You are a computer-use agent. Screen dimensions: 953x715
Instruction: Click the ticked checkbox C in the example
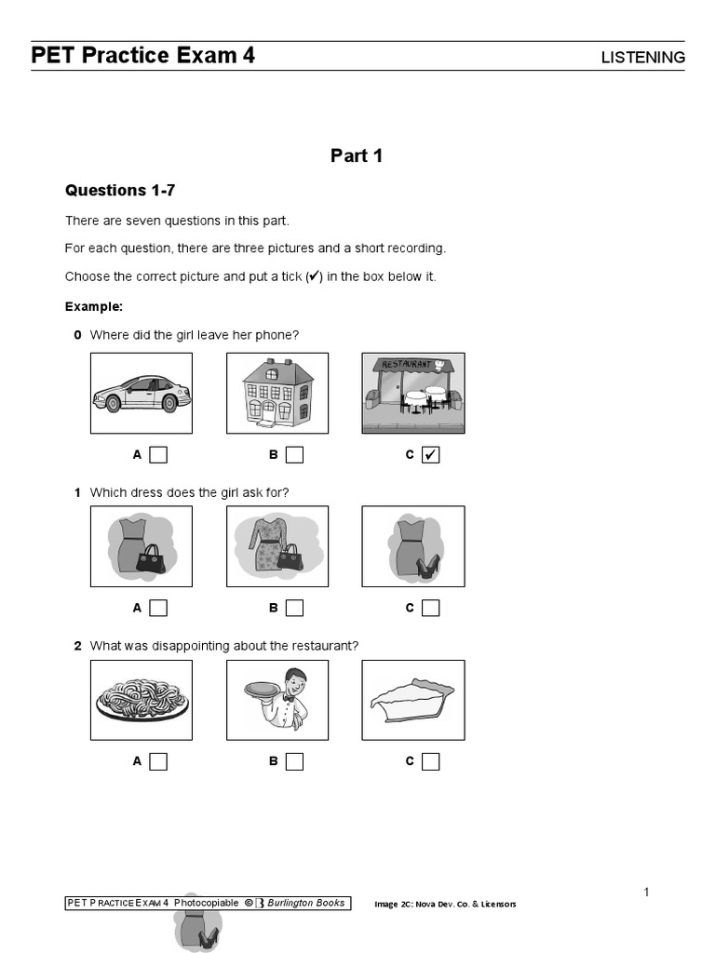click(430, 455)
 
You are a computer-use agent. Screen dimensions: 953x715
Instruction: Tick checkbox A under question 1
click(158, 608)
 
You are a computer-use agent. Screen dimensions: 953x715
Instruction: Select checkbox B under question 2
click(294, 761)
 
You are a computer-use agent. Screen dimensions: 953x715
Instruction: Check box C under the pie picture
click(430, 761)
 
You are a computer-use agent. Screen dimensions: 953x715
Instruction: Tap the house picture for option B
click(277, 393)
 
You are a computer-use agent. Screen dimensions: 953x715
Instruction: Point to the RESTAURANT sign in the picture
click(407, 364)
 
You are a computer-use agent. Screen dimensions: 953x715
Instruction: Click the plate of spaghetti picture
click(142, 700)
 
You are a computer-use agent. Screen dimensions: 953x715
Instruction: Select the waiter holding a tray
click(277, 699)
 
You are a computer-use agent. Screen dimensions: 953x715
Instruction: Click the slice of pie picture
click(412, 700)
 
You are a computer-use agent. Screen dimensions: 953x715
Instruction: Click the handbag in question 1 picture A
click(150, 558)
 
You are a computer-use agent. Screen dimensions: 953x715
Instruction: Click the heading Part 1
click(357, 155)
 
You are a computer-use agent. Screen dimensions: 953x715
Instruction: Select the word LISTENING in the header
click(642, 58)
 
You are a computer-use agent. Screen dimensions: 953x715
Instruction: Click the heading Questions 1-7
click(120, 191)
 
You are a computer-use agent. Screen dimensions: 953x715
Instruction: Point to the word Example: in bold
click(94, 306)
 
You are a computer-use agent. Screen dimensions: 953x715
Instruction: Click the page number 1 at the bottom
click(646, 893)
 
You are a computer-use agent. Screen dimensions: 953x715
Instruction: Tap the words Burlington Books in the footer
click(306, 903)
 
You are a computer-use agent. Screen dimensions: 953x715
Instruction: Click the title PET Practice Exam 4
click(142, 56)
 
